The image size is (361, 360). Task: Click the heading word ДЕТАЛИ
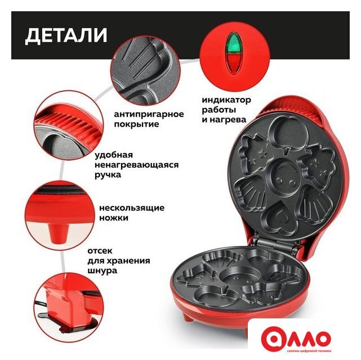tap(66, 35)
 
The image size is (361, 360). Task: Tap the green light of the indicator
tap(233, 44)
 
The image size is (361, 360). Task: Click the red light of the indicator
tap(233, 62)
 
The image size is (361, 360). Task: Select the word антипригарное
tap(149, 114)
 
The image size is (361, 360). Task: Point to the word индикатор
tap(226, 100)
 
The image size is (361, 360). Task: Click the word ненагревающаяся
tap(137, 165)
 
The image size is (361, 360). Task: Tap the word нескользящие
tap(132, 208)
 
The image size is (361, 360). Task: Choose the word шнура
tap(102, 271)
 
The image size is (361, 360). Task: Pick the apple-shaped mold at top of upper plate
tap(286, 133)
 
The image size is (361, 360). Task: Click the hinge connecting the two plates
tap(276, 245)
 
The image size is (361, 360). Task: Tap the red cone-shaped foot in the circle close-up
tap(59, 234)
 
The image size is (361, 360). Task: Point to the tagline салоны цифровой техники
tap(309, 351)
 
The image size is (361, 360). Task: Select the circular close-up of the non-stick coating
tap(145, 70)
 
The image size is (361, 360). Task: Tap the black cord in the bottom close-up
tap(39, 304)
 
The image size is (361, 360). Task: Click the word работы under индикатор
tap(219, 110)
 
